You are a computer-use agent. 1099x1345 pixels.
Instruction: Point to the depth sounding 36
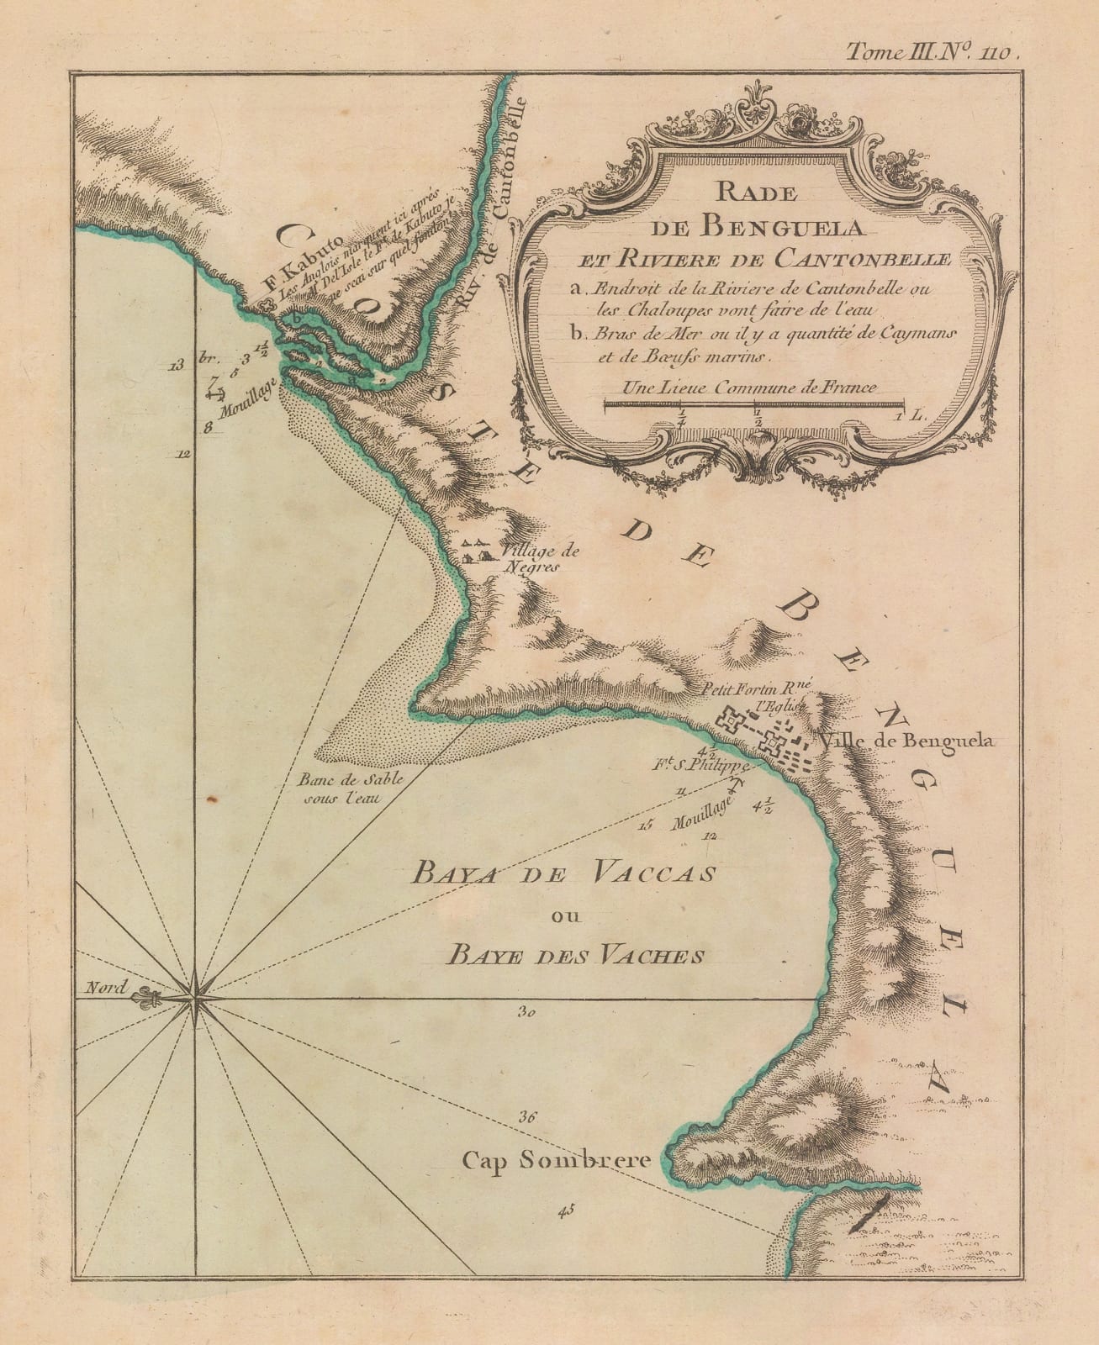tap(528, 1117)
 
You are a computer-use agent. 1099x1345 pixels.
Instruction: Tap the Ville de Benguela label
tap(908, 741)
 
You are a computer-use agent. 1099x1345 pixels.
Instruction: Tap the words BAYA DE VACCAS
tap(562, 873)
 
